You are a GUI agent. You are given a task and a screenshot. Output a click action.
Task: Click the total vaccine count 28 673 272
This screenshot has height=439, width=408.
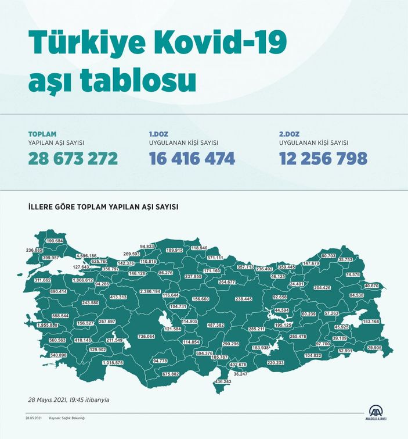(x=73, y=158)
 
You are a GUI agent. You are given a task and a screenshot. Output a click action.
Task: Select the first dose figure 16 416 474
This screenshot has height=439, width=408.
(x=192, y=158)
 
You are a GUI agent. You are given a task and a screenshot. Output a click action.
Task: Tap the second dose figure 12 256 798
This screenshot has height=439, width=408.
(x=323, y=158)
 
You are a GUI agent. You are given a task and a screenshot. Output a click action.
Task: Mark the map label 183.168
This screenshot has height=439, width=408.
(x=371, y=322)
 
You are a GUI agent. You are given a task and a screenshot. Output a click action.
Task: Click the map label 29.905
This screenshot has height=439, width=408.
(x=374, y=348)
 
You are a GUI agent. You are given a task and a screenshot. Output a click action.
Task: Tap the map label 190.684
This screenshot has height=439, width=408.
(x=55, y=241)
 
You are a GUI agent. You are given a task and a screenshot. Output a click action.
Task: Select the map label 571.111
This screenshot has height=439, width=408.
(x=215, y=258)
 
